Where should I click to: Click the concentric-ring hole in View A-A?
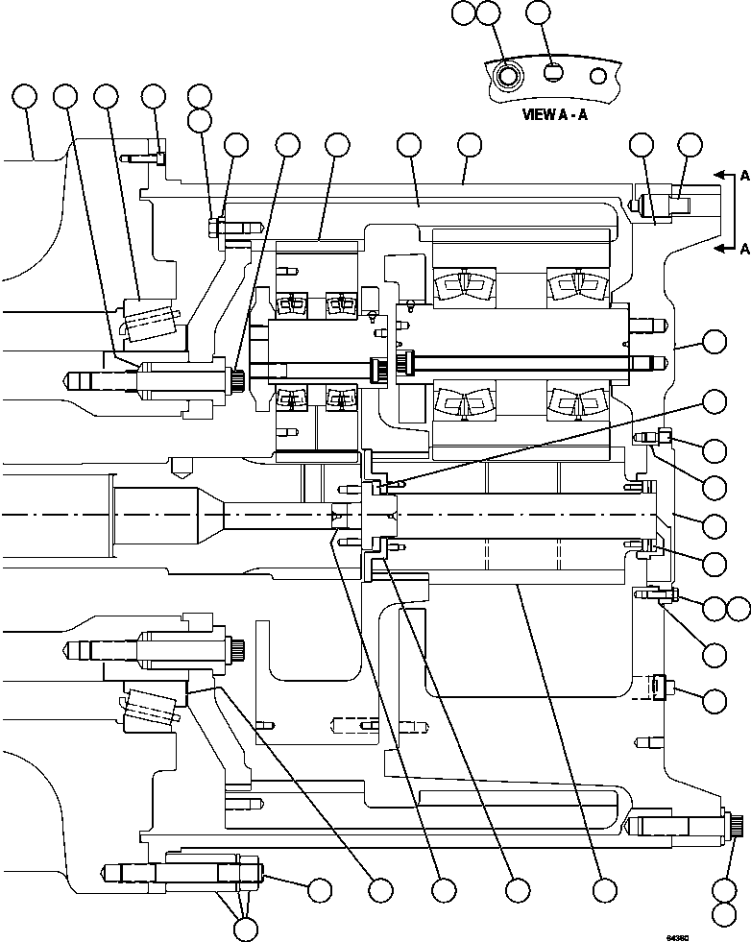point(506,74)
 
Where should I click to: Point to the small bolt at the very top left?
point(158,154)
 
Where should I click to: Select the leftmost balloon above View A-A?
point(464,12)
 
